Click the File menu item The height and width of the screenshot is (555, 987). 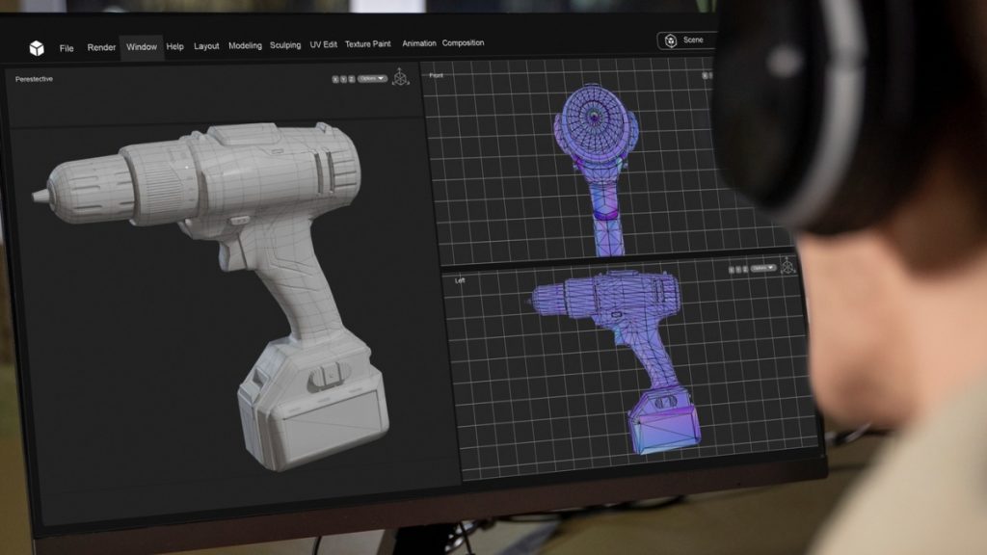[x=67, y=48]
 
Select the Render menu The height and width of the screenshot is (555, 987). [x=101, y=47]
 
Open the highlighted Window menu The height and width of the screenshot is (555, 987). [x=142, y=47]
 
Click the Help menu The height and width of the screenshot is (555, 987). [x=174, y=46]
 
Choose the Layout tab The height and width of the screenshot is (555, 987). [x=206, y=46]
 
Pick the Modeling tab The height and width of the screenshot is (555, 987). [x=245, y=45]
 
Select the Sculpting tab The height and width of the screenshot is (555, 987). [x=285, y=45]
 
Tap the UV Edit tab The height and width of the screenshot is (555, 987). [x=323, y=44]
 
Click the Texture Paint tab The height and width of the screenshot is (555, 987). [x=368, y=44]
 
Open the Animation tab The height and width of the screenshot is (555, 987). [x=419, y=43]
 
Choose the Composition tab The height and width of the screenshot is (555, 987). [x=463, y=43]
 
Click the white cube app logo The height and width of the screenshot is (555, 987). [x=36, y=49]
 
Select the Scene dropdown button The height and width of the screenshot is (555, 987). [x=686, y=40]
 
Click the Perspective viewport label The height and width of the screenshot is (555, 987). [x=35, y=79]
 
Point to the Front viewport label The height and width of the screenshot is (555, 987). [x=437, y=75]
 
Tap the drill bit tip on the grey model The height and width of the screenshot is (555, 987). [x=39, y=196]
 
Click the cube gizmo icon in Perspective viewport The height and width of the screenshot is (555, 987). [x=400, y=77]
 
